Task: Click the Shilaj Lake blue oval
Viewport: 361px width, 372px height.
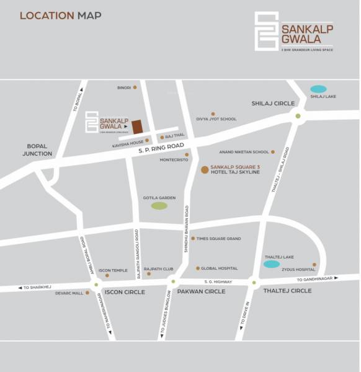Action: (x=318, y=89)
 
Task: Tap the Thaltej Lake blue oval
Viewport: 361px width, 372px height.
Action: (x=271, y=264)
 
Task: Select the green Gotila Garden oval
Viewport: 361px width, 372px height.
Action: (x=159, y=205)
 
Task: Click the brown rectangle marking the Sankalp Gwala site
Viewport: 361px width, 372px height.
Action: (x=136, y=126)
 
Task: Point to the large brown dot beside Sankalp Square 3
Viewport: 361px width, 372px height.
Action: (x=205, y=169)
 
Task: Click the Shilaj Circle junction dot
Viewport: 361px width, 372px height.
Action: (x=298, y=116)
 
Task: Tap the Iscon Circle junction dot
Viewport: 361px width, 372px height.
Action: (x=96, y=284)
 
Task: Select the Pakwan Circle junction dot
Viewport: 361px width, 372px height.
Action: (x=174, y=282)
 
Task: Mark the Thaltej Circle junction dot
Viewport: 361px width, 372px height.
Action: (x=254, y=283)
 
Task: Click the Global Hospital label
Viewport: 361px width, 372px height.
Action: (x=219, y=268)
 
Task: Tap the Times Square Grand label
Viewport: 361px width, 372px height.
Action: (x=218, y=238)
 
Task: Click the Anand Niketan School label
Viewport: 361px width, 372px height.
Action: (x=244, y=152)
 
